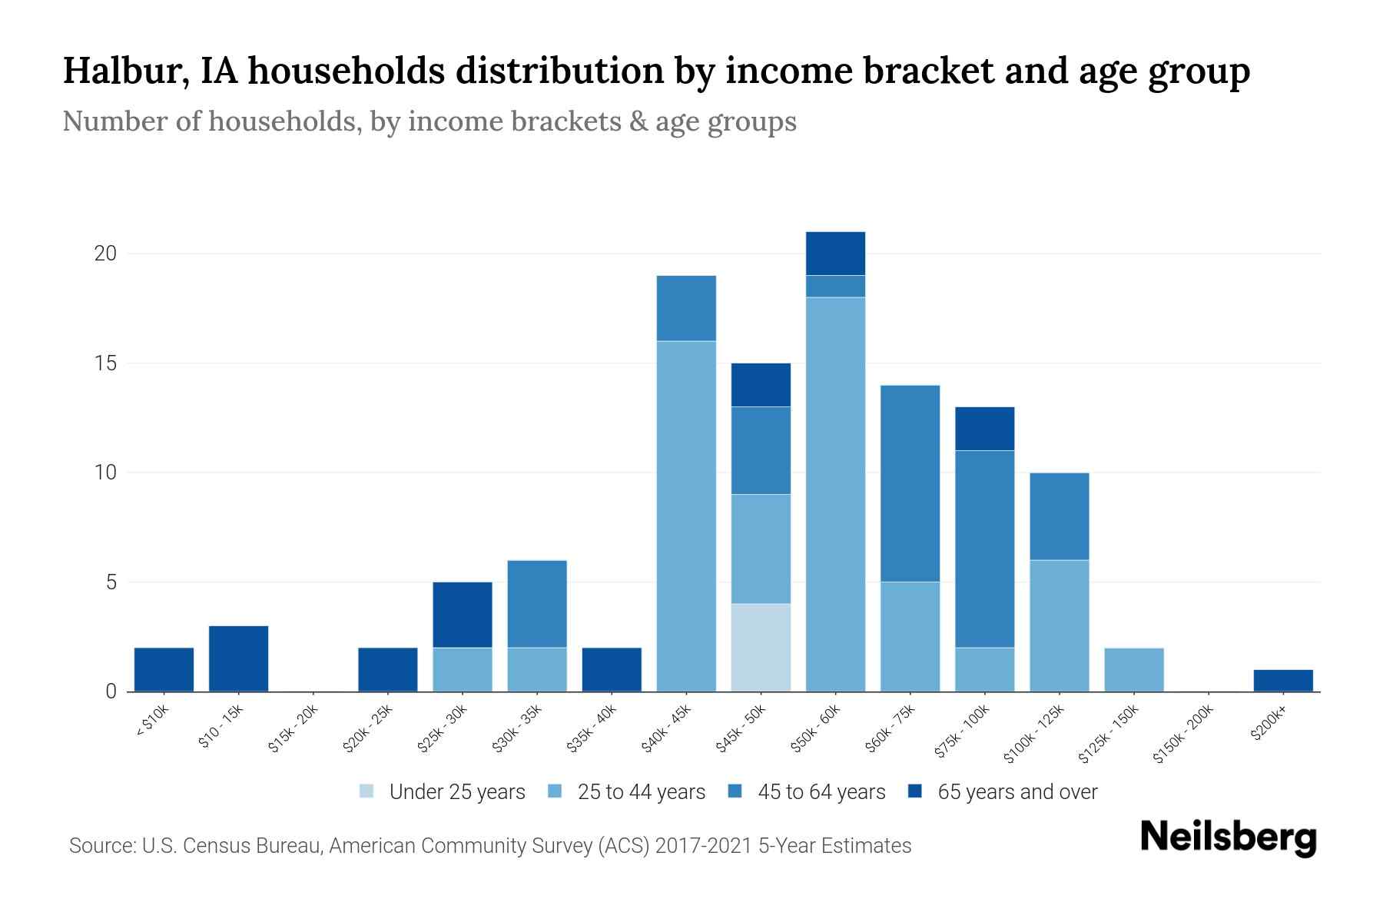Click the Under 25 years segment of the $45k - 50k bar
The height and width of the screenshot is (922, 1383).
(x=761, y=647)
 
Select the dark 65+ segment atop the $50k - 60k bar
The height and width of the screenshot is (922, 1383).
(x=835, y=253)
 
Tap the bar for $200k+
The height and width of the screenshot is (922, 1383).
(x=1282, y=680)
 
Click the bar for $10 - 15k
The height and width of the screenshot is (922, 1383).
(x=238, y=658)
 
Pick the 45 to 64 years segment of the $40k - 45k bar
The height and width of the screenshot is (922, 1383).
(x=686, y=307)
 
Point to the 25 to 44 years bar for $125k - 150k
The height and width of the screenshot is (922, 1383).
(x=1133, y=669)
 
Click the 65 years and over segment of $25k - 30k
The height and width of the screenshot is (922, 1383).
(x=463, y=615)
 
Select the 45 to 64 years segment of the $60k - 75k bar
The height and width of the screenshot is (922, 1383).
(x=910, y=483)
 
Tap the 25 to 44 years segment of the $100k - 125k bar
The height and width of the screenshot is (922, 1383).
(x=1059, y=625)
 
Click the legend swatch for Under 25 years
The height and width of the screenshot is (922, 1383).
(x=367, y=791)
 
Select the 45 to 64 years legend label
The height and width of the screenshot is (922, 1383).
(x=821, y=791)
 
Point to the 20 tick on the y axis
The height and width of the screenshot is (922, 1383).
(x=104, y=254)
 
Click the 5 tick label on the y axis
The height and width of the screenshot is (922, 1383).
(x=111, y=582)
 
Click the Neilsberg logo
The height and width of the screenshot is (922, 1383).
(x=1229, y=837)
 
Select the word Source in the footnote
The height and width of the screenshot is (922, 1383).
(x=101, y=846)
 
